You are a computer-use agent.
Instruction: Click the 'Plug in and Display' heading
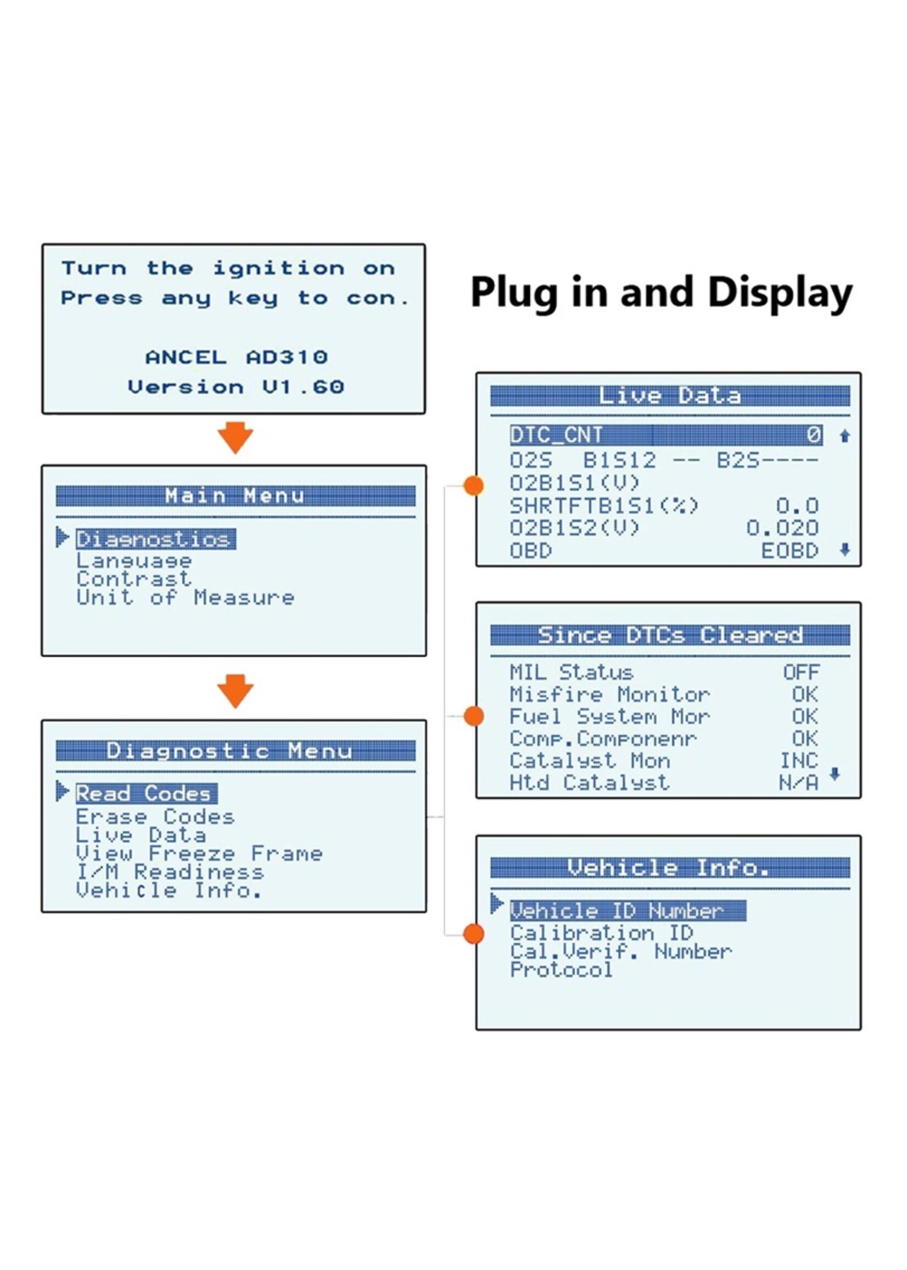(x=661, y=293)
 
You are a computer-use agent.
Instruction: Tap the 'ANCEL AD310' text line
(x=236, y=357)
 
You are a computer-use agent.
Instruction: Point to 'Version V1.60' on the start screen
(x=236, y=387)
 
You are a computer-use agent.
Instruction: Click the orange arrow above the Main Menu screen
(x=235, y=437)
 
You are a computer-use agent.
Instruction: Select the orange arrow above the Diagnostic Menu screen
(x=235, y=691)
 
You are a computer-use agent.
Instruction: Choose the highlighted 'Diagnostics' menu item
(x=155, y=539)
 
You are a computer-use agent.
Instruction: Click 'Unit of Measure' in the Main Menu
(x=185, y=597)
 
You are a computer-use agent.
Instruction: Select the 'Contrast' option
(x=133, y=579)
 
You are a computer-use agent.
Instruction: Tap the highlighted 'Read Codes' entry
(x=147, y=793)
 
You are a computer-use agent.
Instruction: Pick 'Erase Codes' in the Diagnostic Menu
(x=155, y=817)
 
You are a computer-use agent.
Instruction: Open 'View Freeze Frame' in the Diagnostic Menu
(x=199, y=853)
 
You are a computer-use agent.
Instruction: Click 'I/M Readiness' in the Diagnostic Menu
(x=170, y=872)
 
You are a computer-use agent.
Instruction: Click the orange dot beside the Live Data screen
(x=474, y=486)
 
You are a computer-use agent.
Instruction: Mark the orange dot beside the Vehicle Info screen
(x=474, y=933)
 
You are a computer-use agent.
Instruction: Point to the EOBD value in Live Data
(x=790, y=551)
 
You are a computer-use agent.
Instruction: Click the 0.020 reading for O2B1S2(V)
(x=782, y=528)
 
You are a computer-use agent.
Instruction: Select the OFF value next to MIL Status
(x=802, y=672)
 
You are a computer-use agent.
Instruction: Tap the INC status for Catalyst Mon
(x=799, y=760)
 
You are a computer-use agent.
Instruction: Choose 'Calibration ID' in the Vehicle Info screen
(x=602, y=933)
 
